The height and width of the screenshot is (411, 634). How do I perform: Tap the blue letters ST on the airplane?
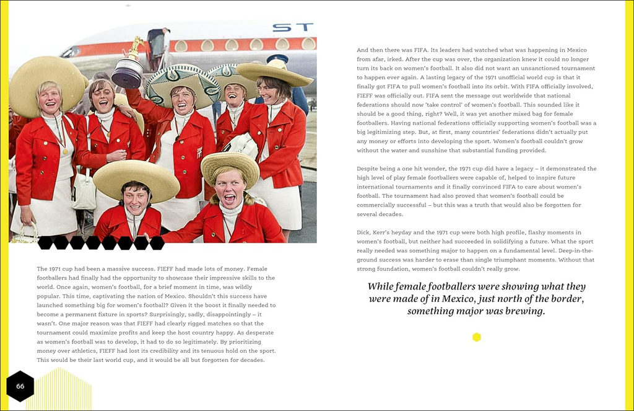tap(293, 28)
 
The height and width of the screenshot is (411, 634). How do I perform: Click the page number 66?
tap(20, 386)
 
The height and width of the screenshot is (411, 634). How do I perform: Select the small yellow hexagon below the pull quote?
tap(476, 337)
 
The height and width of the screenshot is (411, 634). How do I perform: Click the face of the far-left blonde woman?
tap(50, 97)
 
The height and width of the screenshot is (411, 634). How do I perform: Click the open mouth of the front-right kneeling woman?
tap(228, 198)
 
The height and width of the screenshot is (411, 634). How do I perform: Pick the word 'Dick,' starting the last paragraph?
tap(364, 232)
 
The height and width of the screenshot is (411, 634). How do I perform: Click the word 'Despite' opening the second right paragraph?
tap(369, 169)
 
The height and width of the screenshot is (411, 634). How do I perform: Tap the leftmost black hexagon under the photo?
tap(45, 242)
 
